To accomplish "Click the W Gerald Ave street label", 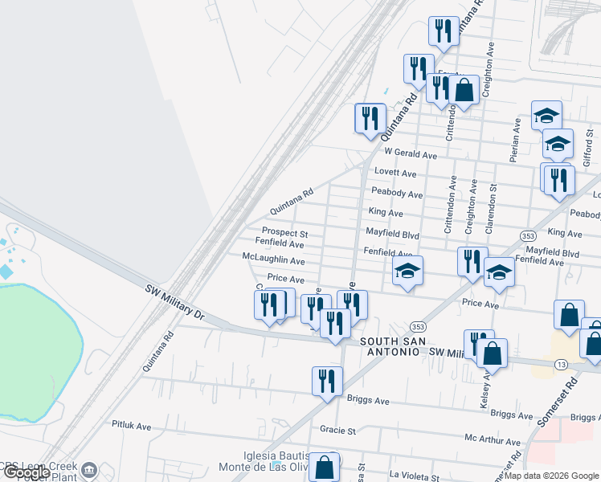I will [410, 154].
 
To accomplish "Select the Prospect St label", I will [279, 232].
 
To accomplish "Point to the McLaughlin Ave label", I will [273, 260].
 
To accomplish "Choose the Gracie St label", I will [337, 430].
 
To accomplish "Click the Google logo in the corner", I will [27, 472].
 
